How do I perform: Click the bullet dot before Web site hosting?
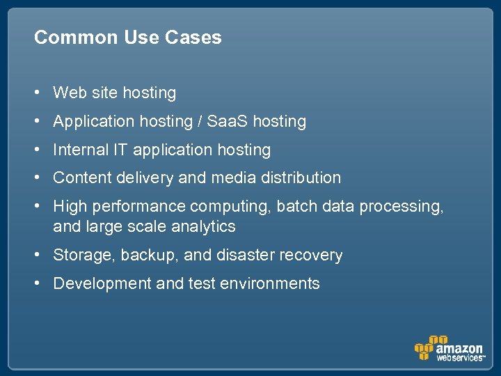[x=42, y=93]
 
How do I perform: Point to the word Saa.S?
[x=228, y=121]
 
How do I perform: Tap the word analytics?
[x=206, y=227]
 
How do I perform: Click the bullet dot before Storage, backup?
[x=42, y=256]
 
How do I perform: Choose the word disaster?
[x=246, y=256]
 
